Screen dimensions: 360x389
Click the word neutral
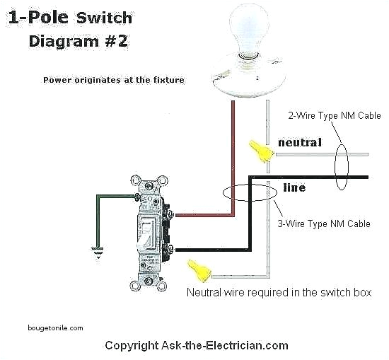[x=299, y=142]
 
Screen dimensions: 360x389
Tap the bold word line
[x=294, y=188]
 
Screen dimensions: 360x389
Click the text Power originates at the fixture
[x=113, y=81]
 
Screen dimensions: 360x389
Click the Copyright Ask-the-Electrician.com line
[x=197, y=346]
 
